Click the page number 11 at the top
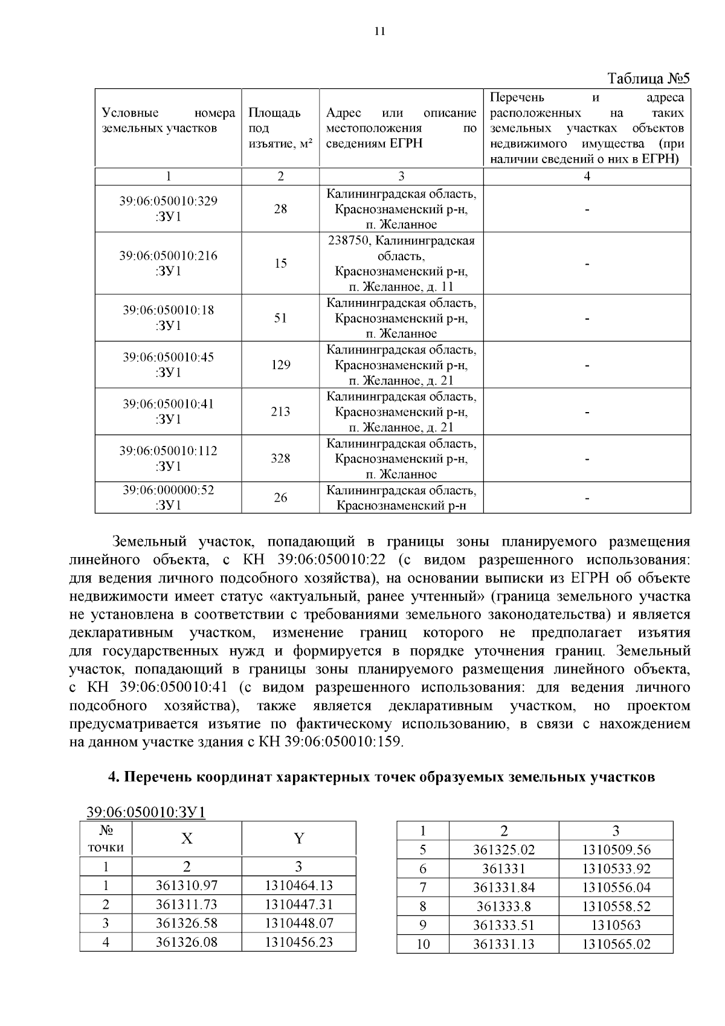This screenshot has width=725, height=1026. (x=380, y=32)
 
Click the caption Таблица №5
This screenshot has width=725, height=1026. (x=648, y=79)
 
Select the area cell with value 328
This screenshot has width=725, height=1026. (x=280, y=459)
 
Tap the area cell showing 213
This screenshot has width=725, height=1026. (x=280, y=411)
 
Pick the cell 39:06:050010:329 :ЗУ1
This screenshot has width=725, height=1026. (x=168, y=208)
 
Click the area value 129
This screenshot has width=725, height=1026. (x=280, y=365)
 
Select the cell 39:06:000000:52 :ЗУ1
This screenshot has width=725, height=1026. (x=168, y=497)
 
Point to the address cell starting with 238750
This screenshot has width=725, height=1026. (x=401, y=263)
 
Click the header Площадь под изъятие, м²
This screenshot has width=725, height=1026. (x=280, y=128)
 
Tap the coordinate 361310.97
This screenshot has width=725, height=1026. (x=186, y=886)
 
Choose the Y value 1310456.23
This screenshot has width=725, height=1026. (x=298, y=942)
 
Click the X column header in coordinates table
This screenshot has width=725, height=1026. (x=187, y=838)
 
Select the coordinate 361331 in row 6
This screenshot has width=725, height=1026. (x=503, y=869)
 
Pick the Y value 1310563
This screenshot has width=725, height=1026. (x=616, y=925)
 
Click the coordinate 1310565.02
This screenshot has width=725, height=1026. (x=616, y=944)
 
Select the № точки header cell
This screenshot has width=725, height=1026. (x=106, y=838)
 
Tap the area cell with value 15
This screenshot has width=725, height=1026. (x=280, y=263)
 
